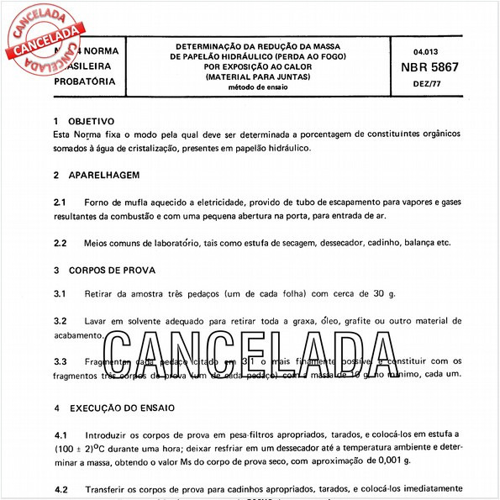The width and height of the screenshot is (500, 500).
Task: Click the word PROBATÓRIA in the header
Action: click(x=84, y=82)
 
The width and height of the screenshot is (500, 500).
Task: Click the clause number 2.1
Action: click(x=60, y=203)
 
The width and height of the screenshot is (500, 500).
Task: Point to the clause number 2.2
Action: click(x=60, y=243)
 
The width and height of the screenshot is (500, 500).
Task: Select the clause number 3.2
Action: click(x=60, y=321)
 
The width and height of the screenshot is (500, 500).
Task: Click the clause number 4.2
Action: click(x=60, y=488)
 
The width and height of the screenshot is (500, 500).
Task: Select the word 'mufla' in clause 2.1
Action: click(x=134, y=203)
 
